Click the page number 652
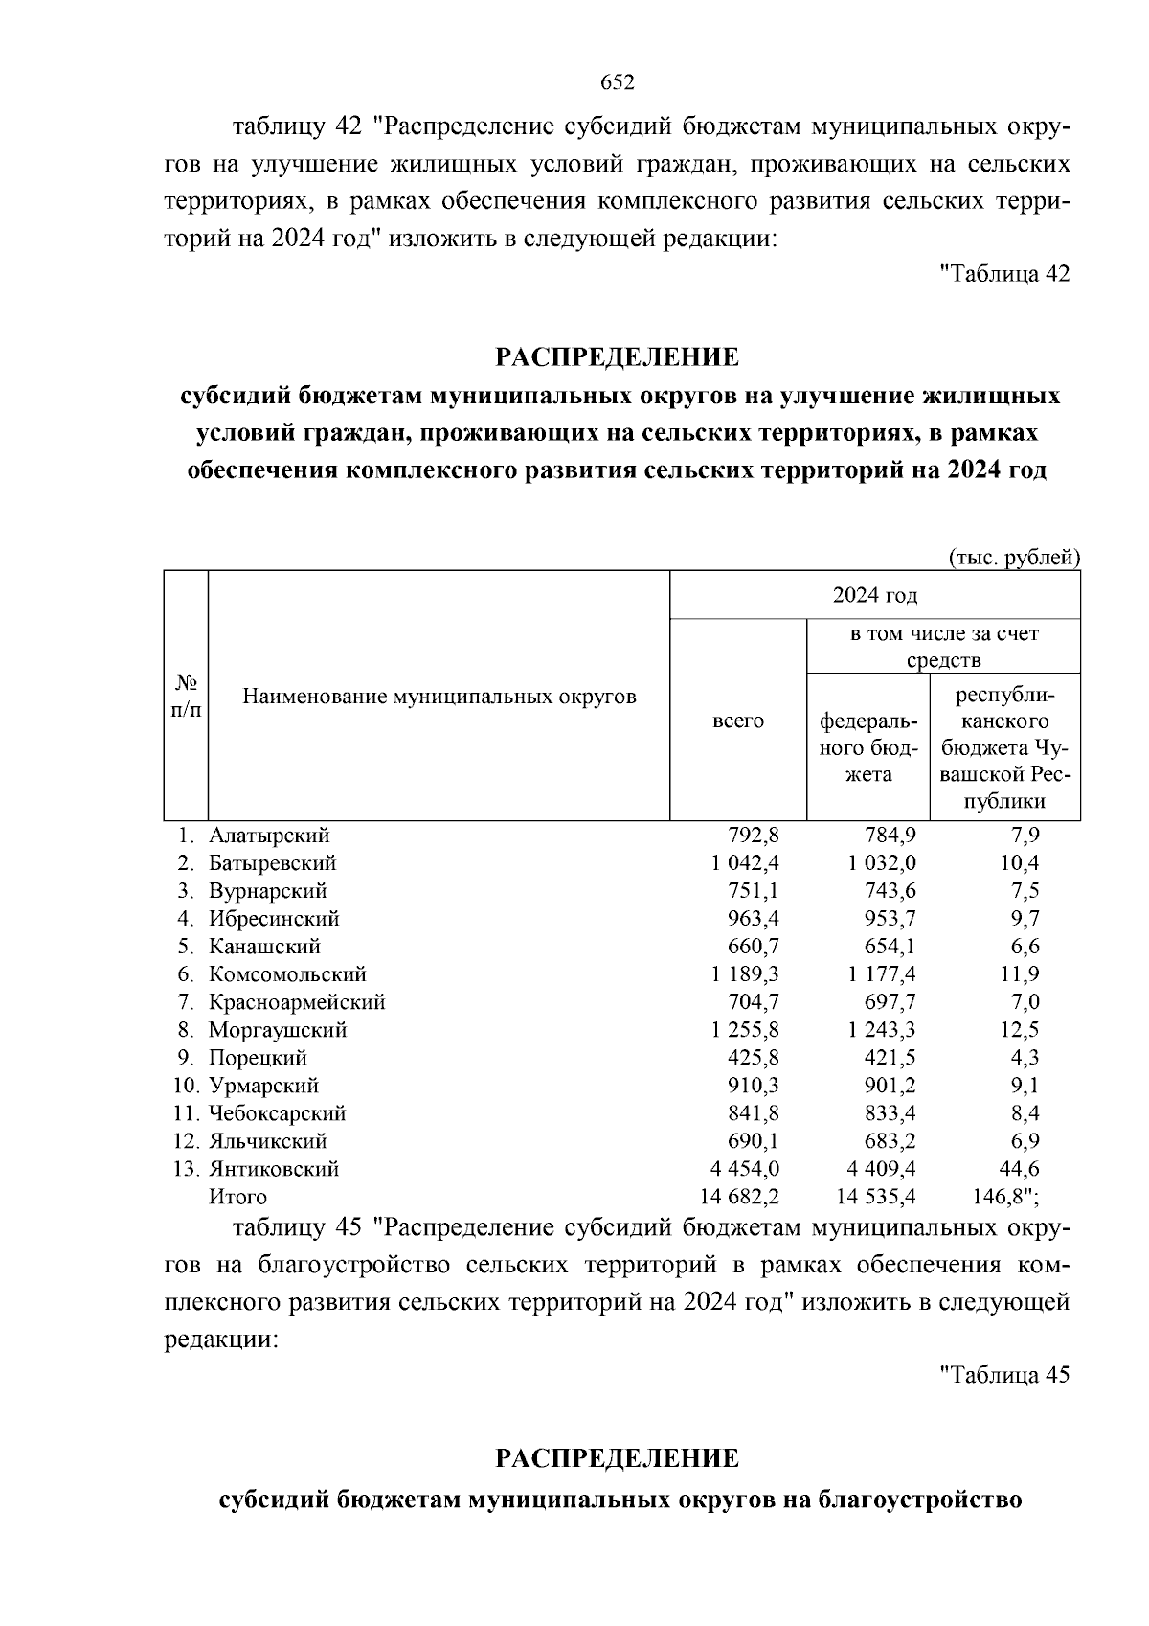tap(618, 83)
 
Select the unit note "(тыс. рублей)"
tap(1014, 558)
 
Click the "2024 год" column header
tap(874, 595)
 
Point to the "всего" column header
tap(737, 721)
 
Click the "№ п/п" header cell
tap(186, 696)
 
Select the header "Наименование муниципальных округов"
tap(439, 696)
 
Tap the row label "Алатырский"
tap(269, 836)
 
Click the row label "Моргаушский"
tap(278, 1030)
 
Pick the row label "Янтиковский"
tap(274, 1169)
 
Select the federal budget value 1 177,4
tap(881, 974)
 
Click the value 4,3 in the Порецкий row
tap(1019, 1058)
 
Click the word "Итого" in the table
tap(237, 1197)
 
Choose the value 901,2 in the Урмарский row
tap(888, 1086)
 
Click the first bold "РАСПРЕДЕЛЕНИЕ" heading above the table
tap(618, 358)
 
